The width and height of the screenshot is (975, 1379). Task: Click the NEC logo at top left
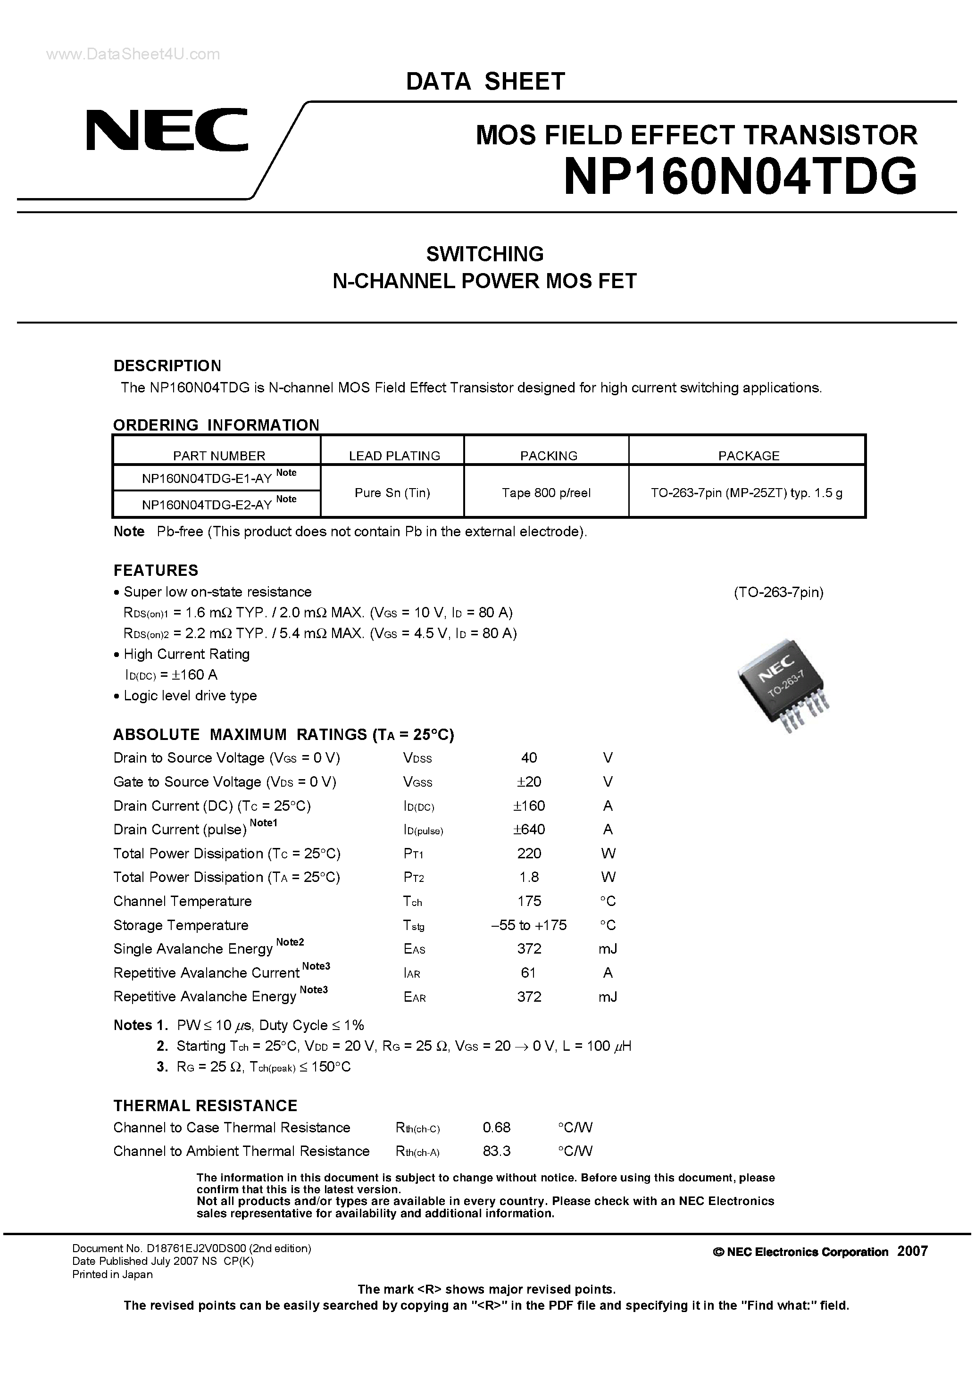coord(167,130)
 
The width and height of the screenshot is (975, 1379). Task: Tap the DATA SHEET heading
coord(485,81)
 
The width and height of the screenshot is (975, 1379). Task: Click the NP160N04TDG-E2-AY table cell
coord(207,505)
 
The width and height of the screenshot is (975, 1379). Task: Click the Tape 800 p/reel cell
coord(546,492)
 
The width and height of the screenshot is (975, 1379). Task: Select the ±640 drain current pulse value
coord(529,830)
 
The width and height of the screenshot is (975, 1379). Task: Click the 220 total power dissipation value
coord(529,854)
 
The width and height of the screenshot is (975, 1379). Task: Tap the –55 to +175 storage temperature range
coord(529,925)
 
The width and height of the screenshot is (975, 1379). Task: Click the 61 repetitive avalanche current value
coord(529,972)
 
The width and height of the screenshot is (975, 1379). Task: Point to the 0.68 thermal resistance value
coord(496,1127)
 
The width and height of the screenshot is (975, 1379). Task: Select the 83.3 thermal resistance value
coord(496,1151)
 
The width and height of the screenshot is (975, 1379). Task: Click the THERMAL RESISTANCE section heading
coord(206,1106)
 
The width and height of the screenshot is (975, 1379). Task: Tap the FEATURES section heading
coord(156,570)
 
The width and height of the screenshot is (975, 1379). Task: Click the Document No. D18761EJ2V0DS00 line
coord(191,1248)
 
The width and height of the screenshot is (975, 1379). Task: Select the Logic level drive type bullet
coord(190,696)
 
